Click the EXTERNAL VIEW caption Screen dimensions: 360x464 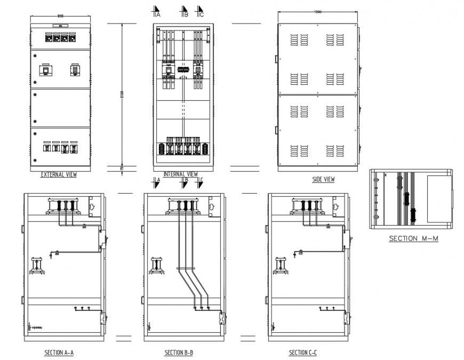(x=60, y=174)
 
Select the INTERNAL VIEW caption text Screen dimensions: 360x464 (x=180, y=174)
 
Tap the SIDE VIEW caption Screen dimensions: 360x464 (x=323, y=180)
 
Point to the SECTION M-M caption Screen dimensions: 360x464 (x=413, y=238)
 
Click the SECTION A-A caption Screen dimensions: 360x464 (x=59, y=353)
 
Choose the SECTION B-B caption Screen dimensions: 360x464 (x=179, y=353)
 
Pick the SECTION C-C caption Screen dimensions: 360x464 (x=303, y=353)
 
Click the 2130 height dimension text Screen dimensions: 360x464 (x=122, y=94)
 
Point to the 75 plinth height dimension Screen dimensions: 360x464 (x=122, y=169)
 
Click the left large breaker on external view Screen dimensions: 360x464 (x=46, y=70)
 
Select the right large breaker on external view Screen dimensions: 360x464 (x=75, y=70)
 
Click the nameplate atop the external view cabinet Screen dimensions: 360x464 (x=60, y=25)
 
